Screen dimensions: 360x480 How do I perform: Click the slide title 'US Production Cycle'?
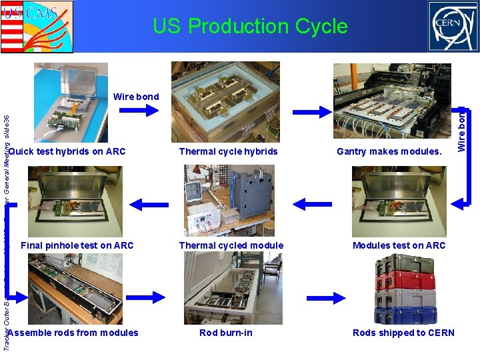tap(250, 27)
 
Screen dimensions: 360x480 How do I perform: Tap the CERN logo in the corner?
tap(453, 27)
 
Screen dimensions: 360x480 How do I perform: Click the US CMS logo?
tap(37, 27)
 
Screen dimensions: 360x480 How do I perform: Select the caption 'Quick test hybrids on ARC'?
tap(67, 151)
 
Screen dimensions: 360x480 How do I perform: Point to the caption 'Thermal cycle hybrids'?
tap(228, 151)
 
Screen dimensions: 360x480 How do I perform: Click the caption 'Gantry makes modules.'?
tap(389, 151)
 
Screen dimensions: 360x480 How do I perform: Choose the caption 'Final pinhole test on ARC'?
tap(77, 245)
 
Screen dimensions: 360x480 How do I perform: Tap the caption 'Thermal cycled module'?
tap(231, 245)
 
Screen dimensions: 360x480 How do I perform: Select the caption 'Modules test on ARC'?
tap(399, 245)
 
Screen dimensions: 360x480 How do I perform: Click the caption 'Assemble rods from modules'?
tap(75, 333)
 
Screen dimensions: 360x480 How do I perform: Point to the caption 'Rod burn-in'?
tap(226, 333)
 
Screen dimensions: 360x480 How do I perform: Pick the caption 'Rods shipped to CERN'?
tap(403, 333)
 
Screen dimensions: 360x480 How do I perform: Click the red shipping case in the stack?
tap(405, 280)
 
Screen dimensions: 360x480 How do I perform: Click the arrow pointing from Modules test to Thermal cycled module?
tap(309, 199)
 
